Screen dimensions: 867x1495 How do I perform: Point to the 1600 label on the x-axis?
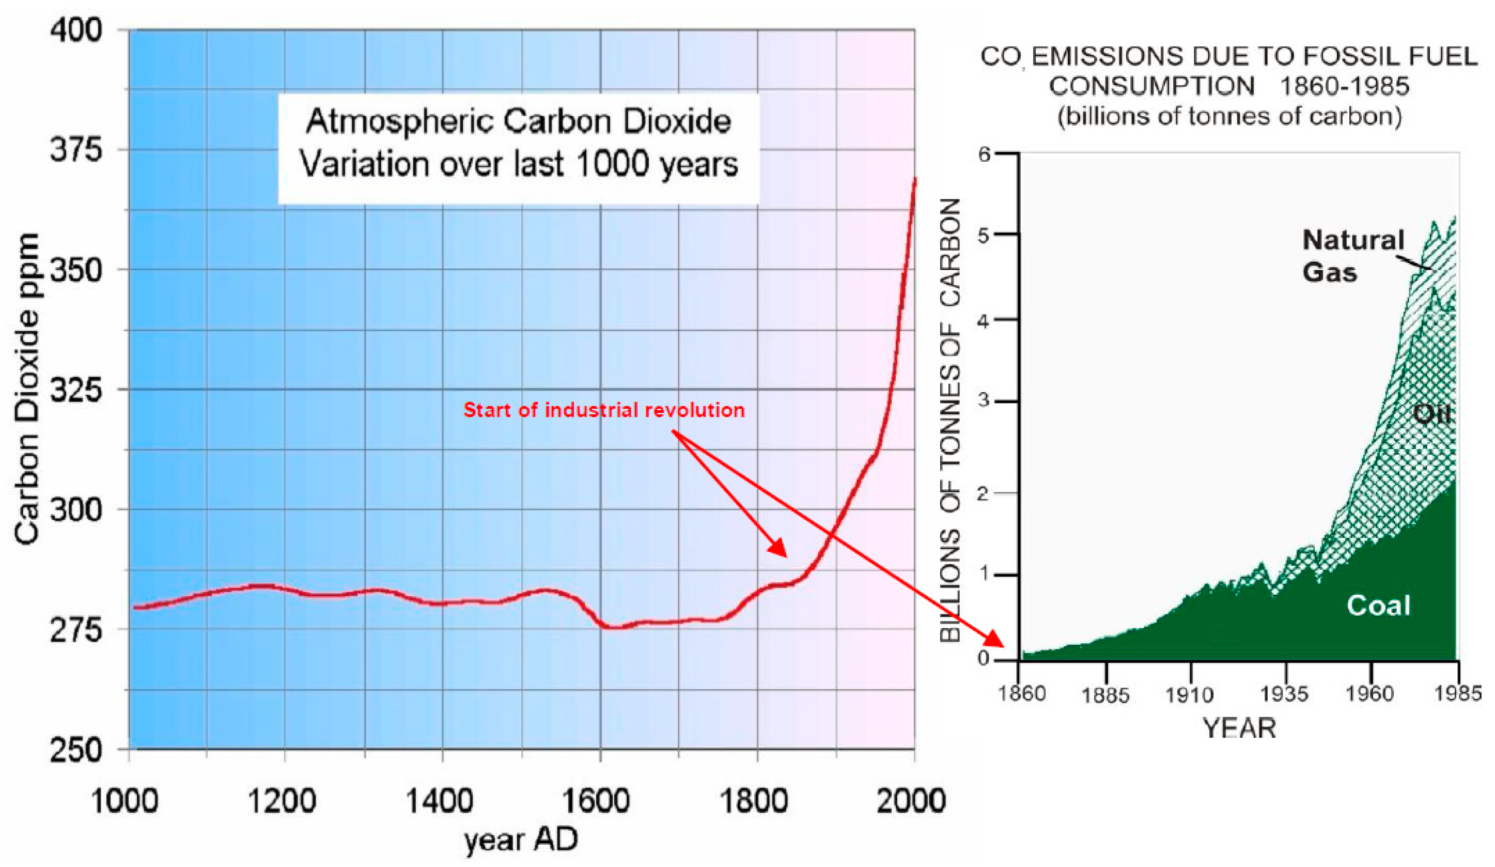point(595,800)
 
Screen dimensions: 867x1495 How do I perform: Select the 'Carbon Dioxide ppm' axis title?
point(27,389)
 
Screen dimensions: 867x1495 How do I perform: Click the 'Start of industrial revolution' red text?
point(603,410)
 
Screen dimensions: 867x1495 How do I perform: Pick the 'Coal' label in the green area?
point(1378,605)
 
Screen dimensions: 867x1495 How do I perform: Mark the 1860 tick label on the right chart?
point(1022,692)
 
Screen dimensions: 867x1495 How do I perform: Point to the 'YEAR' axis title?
point(1239,728)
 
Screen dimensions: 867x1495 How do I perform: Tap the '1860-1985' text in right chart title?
point(1344,87)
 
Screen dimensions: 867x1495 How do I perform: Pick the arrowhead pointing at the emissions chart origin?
point(995,640)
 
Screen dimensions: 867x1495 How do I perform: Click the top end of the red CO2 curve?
point(914,180)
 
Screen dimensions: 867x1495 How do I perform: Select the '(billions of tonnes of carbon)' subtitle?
point(1230,116)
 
